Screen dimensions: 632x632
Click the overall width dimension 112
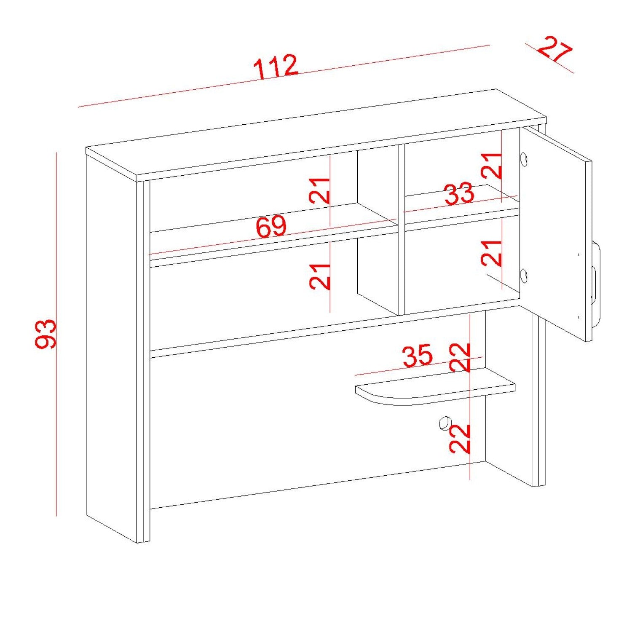[276, 67]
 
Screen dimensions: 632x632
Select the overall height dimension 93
[46, 334]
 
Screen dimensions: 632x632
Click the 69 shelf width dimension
[271, 227]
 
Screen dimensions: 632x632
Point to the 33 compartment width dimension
[459, 194]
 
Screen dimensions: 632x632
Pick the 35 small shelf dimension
[418, 356]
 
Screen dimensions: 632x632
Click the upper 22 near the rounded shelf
[459, 358]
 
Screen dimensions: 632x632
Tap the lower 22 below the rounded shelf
[459, 439]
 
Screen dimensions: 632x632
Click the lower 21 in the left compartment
[319, 276]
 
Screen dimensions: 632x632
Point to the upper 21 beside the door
[491, 165]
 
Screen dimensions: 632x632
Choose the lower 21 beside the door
[491, 253]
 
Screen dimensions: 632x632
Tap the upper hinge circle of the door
[524, 159]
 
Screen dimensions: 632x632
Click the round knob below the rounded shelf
[444, 423]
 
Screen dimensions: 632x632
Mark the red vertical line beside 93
[56, 334]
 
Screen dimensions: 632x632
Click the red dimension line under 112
[284, 76]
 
